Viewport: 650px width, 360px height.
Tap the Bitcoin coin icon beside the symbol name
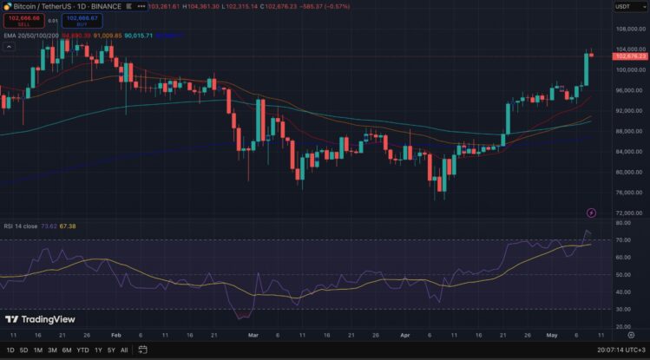[x=5, y=6]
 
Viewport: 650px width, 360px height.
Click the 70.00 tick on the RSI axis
[x=620, y=240]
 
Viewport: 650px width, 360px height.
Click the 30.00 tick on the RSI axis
[x=620, y=309]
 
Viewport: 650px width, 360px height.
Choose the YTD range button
[x=82, y=350]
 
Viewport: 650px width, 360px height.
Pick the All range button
[x=124, y=350]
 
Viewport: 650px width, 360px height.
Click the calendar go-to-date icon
[x=140, y=350]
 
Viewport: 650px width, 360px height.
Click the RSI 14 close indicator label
[x=20, y=226]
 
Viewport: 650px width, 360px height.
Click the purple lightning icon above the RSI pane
[x=592, y=213]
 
